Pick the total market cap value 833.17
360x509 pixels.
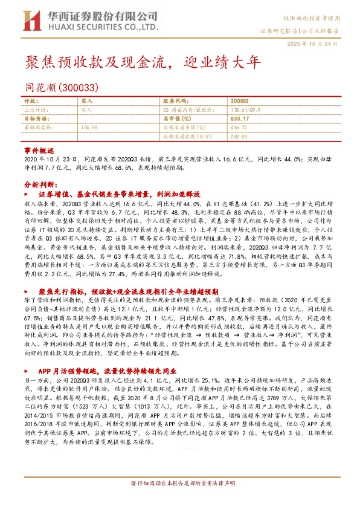click(x=240, y=119)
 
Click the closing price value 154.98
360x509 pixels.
click(x=89, y=128)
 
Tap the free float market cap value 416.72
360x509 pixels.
click(x=239, y=128)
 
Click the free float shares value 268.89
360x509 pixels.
click(x=239, y=137)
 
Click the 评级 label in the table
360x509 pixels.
click(x=30, y=100)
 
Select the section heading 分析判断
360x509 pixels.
click(x=40, y=184)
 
